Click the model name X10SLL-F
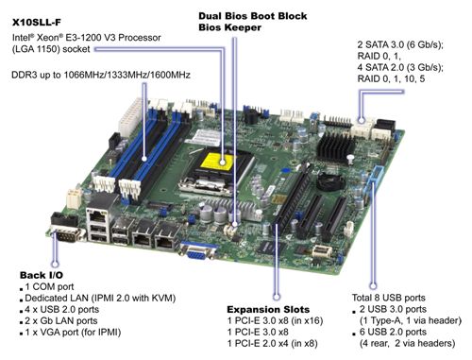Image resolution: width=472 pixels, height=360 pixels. [37, 23]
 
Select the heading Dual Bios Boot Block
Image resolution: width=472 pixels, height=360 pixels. [253, 16]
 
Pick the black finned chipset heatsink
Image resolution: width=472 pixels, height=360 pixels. [334, 146]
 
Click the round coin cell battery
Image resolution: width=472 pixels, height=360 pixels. [330, 182]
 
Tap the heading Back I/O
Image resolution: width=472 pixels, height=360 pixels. [42, 275]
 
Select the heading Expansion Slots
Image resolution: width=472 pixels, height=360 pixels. [268, 309]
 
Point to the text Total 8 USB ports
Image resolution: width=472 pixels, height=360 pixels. [388, 298]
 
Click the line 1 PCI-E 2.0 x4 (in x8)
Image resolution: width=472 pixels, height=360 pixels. [273, 343]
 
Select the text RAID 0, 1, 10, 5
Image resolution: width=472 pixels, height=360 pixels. [391, 78]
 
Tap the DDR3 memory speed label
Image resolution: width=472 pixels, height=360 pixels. [101, 75]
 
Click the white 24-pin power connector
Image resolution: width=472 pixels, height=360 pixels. [130, 117]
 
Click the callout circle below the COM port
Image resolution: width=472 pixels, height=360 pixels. [56, 264]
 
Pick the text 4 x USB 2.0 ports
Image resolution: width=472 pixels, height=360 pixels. [62, 309]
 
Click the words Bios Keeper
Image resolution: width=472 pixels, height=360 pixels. [229, 27]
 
